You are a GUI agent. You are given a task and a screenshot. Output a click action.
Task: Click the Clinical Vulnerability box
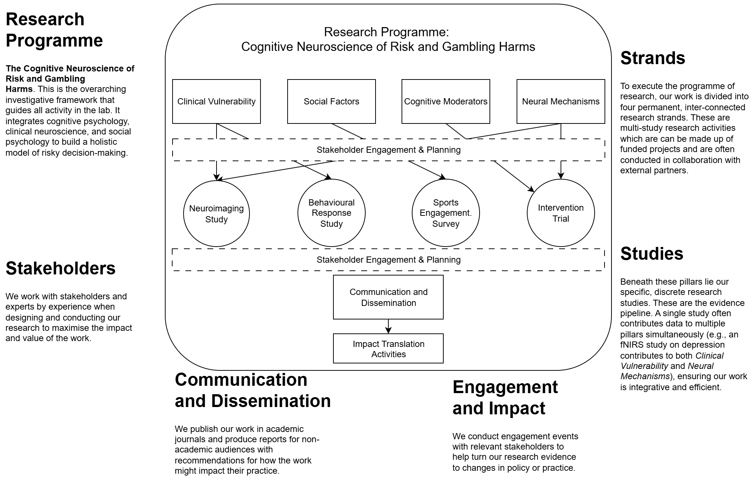[216, 101]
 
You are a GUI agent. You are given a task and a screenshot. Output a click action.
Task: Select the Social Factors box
[331, 101]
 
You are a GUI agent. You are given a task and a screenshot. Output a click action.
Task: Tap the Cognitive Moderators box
[446, 101]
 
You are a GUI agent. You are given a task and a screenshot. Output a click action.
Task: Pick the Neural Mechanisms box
[561, 101]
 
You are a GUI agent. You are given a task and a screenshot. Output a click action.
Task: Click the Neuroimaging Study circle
[216, 214]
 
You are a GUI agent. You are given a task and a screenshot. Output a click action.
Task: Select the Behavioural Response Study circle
[331, 213]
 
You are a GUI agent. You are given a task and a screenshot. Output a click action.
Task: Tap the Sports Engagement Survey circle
[446, 213]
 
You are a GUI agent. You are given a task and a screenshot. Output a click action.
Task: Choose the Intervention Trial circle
[561, 213]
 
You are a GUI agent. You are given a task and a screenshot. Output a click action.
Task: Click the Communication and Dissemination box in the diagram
[388, 297]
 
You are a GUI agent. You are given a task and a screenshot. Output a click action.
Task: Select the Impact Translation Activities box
[388, 349]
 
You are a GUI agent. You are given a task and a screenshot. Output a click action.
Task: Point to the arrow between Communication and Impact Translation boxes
[388, 326]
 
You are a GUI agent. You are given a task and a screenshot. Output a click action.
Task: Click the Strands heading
[653, 58]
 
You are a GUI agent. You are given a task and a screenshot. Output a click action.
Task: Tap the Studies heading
[651, 254]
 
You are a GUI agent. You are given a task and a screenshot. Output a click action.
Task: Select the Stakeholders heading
[60, 268]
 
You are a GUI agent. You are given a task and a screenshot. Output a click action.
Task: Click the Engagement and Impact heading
[505, 398]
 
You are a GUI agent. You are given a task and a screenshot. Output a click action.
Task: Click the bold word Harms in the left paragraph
[19, 89]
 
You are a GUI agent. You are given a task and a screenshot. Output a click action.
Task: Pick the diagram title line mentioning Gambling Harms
[388, 47]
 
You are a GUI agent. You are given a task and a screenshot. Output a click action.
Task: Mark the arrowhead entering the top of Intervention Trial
[561, 176]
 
